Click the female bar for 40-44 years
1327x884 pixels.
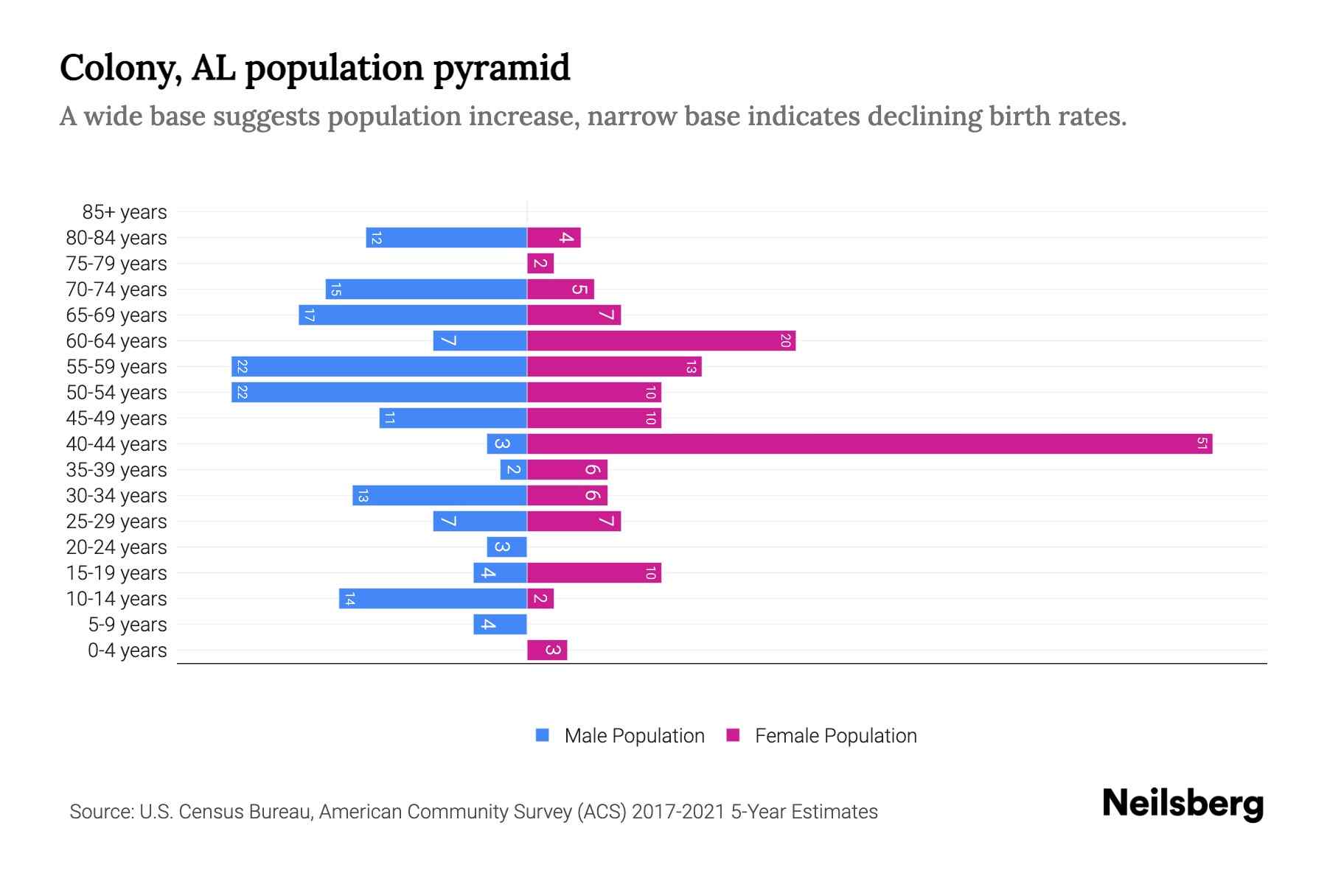tap(870, 443)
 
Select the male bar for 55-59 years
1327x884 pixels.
tap(379, 366)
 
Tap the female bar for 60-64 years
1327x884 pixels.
tap(661, 340)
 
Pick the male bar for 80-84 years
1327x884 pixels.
tap(446, 237)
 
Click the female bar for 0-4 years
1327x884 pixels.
tap(547, 650)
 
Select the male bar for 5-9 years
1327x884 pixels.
tap(500, 624)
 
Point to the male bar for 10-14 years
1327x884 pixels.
tap(433, 598)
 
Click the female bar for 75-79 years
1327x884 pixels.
tap(540, 263)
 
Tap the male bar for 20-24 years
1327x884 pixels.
tap(506, 547)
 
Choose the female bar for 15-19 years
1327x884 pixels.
tap(594, 572)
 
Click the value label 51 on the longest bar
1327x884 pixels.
tap(1202, 443)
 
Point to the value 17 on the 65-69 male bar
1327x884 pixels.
tap(309, 315)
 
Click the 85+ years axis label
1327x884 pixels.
tap(125, 212)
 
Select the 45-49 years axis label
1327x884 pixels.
tap(116, 418)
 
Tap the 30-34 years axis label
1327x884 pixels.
tap(116, 496)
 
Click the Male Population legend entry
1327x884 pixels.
tap(620, 735)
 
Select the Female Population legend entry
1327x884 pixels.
tap(821, 735)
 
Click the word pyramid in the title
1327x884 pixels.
tap(501, 69)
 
